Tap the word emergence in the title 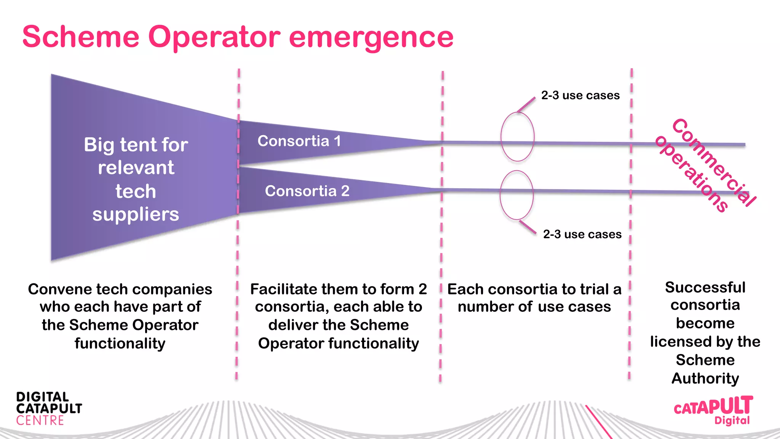click(x=371, y=37)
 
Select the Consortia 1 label click(x=299, y=141)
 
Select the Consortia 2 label click(x=307, y=191)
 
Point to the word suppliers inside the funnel click(x=136, y=214)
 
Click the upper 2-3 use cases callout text click(x=580, y=95)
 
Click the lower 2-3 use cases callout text click(x=582, y=234)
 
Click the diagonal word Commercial click(x=714, y=162)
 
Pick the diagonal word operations click(x=692, y=174)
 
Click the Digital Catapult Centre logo click(x=49, y=409)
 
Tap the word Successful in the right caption click(x=705, y=287)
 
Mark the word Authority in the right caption click(x=705, y=378)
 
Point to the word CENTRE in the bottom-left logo click(x=40, y=421)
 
